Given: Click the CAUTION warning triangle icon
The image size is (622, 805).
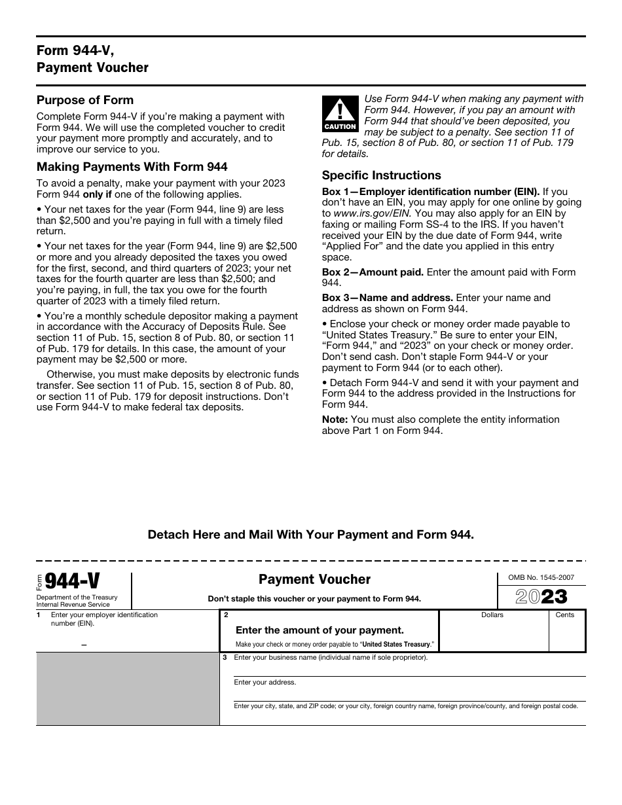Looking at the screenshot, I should pos(340,113).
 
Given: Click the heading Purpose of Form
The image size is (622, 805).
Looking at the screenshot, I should pos(85,100).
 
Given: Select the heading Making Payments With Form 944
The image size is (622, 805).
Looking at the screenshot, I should pos(132,167).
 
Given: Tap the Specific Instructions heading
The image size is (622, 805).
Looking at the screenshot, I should pos(382,175).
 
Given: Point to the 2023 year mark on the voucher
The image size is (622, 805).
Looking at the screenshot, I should pos(541,596).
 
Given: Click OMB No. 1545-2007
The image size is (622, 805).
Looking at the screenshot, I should pos(541,578).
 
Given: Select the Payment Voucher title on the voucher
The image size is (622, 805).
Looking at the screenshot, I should pos(314,579).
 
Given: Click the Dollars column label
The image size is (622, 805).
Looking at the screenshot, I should pos(492,615).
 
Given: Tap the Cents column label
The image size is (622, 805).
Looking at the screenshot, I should pos(564,615).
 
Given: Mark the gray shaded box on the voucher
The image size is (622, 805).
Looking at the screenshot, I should pos(128,689).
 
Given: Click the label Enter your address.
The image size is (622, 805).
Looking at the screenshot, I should pos(265,683).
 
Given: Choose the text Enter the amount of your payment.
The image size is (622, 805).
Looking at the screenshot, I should pos(320,630).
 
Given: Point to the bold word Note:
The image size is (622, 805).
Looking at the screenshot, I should pos(335,420).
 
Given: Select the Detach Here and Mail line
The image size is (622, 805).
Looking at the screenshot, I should pos(310,535).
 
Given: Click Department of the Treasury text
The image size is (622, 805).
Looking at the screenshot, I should pos(77,598).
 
